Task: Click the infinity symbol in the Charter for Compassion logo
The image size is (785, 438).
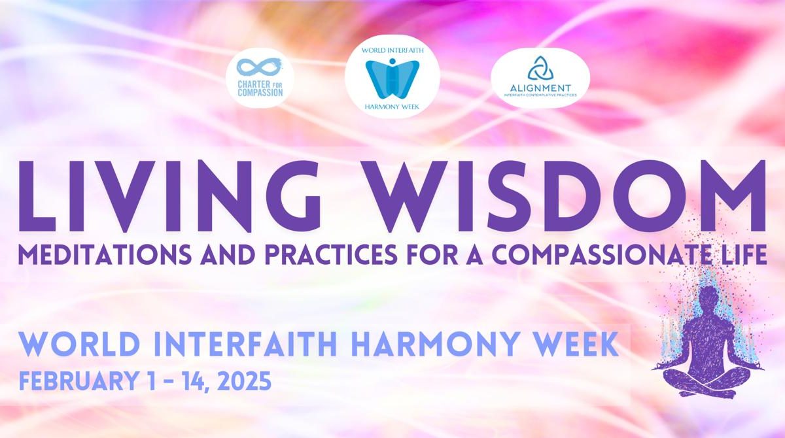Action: (259, 67)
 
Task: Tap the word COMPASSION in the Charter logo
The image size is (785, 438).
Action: (260, 93)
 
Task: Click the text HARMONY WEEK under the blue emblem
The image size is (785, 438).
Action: (392, 107)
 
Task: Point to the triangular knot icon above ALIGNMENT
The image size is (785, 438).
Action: (540, 68)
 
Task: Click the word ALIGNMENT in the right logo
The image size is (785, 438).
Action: (540, 88)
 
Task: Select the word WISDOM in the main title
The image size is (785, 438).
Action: (564, 196)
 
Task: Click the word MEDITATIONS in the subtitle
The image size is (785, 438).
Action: (105, 254)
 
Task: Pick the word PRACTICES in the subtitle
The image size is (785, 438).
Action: (331, 254)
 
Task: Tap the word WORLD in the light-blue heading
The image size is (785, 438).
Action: (80, 344)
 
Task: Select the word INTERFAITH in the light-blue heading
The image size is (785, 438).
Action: (245, 344)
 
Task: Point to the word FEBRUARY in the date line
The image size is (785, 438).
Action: (78, 381)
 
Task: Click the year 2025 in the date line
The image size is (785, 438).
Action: (244, 381)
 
